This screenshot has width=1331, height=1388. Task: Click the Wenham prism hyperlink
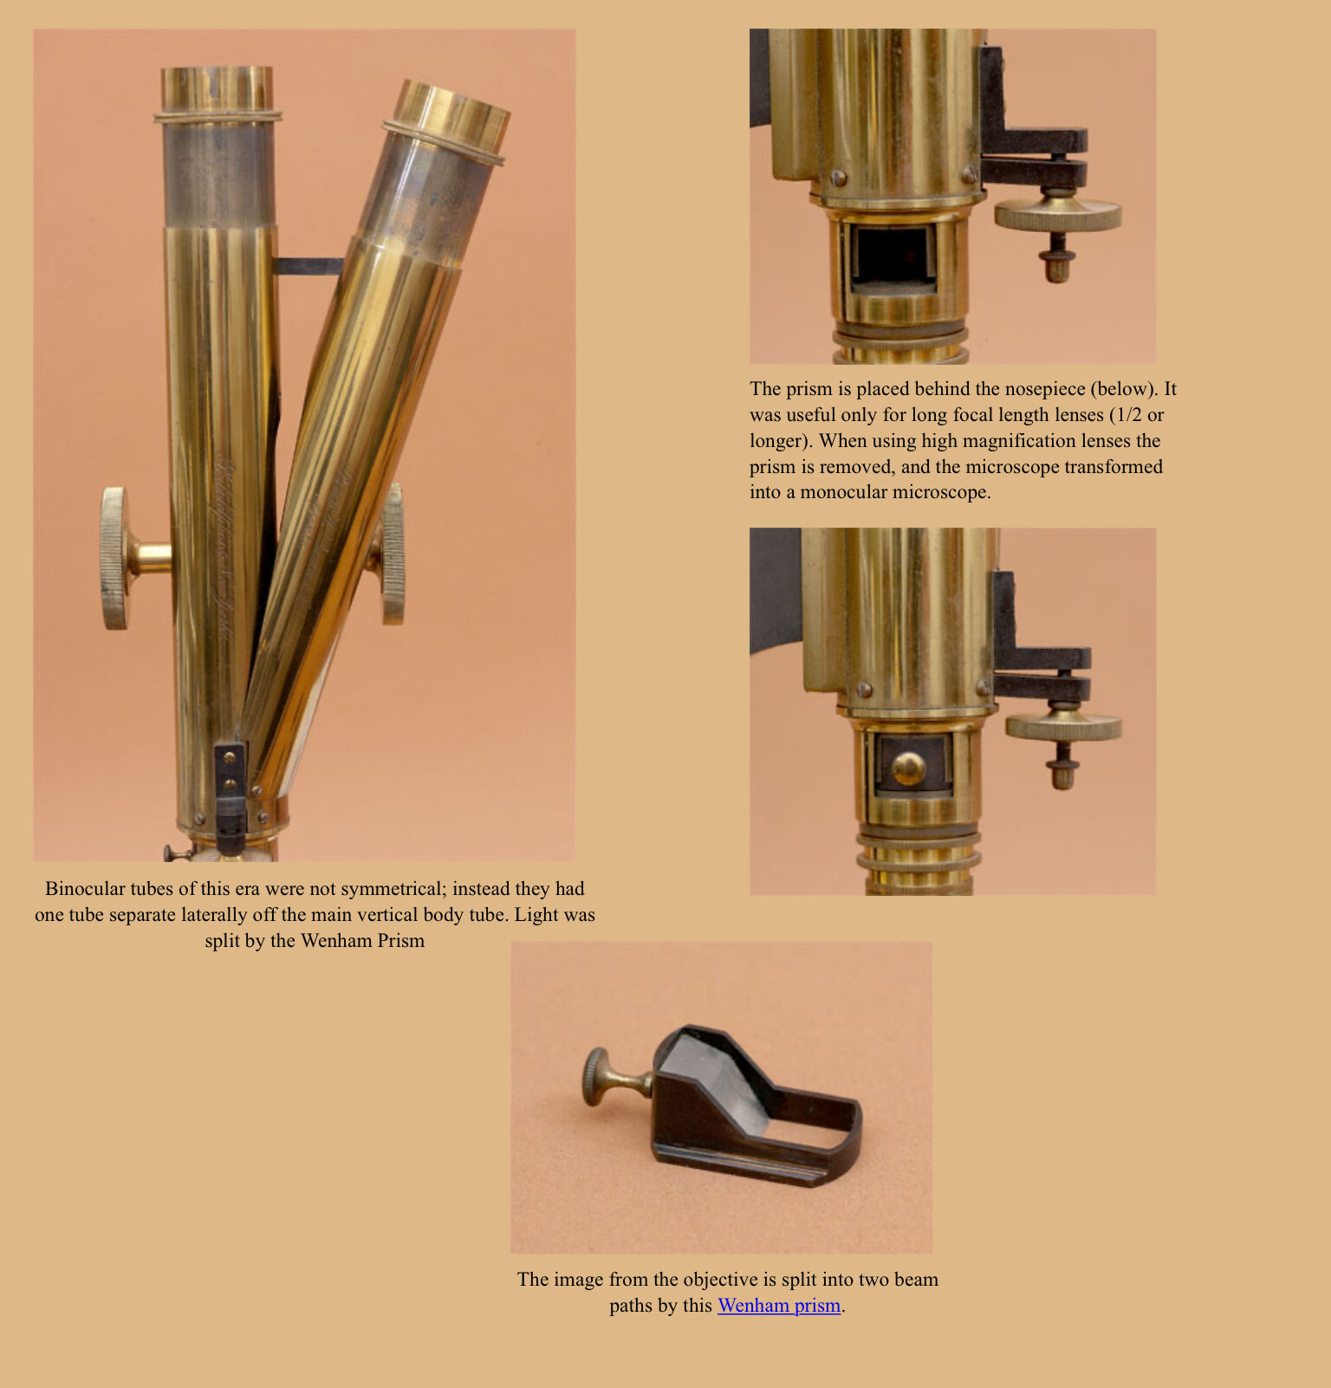tap(778, 1306)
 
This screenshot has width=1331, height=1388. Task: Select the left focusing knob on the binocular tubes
tap(114, 558)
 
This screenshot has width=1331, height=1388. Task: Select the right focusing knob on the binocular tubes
tap(393, 555)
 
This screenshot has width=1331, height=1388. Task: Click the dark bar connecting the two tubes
tap(308, 266)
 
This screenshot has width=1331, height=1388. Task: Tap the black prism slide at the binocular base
tap(230, 797)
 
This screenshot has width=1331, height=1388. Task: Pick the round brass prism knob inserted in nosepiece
tap(908, 767)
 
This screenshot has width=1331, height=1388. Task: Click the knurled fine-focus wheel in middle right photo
tap(1063, 726)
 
